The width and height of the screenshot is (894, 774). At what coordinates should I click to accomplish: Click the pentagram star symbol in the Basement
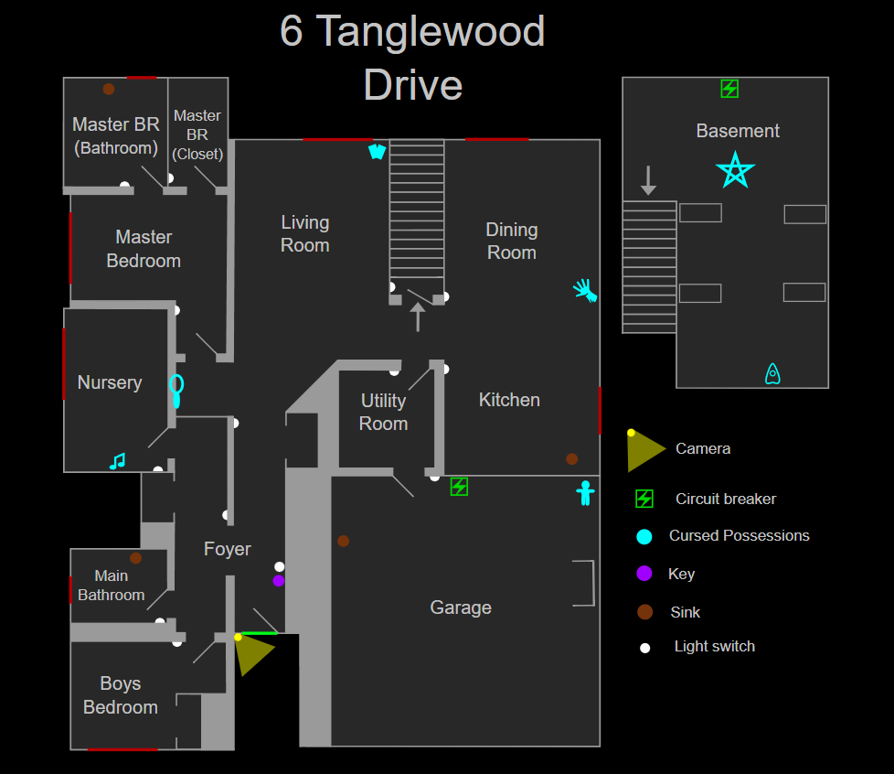point(735,171)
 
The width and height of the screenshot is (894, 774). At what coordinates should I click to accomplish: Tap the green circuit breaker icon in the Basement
point(729,89)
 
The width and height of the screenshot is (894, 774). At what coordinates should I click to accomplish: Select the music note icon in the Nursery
point(117,461)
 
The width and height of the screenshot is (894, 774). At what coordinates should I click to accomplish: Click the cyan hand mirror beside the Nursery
point(176,390)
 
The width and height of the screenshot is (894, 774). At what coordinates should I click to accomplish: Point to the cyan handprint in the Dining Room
point(585,290)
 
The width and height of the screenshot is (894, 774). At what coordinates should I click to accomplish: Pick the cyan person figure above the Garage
point(585,493)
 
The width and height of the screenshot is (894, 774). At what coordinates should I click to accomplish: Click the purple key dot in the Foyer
point(279,580)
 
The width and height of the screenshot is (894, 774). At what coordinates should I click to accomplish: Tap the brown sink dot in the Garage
point(343,541)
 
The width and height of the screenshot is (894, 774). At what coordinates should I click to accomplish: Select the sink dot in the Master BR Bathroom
point(109,89)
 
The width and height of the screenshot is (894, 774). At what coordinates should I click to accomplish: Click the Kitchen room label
point(509,400)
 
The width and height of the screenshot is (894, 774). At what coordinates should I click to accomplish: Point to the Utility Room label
point(383,412)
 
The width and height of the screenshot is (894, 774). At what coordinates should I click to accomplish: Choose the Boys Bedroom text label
point(120,695)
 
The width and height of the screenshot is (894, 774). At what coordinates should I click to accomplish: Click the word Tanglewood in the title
point(431,32)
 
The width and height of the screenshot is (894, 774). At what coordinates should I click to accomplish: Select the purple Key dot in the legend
point(644,574)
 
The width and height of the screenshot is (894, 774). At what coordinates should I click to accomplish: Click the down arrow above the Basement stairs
point(648,180)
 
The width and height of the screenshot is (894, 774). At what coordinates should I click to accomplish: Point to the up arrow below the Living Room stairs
point(418,317)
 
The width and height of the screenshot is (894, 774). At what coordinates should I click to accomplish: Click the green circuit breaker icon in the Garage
point(459,487)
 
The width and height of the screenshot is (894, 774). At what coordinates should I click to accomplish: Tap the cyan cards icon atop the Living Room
point(377,151)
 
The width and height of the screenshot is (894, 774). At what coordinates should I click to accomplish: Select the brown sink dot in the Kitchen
point(571,459)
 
